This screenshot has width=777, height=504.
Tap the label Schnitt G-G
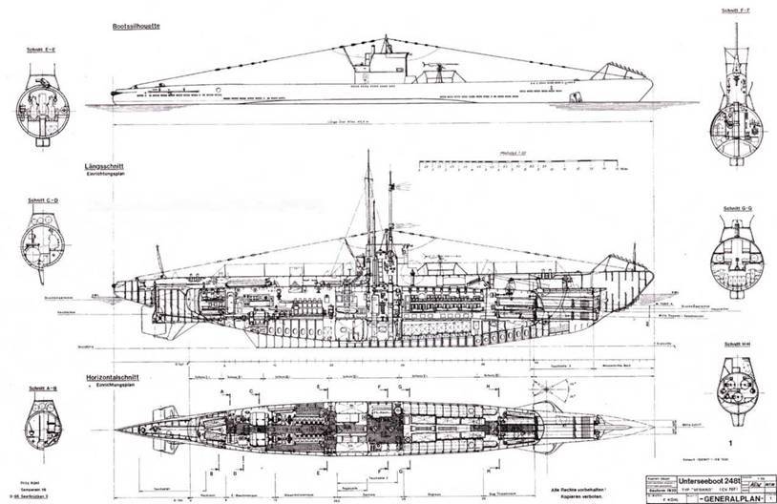[738, 207]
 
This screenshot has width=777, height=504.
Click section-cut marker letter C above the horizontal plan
[250, 390]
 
